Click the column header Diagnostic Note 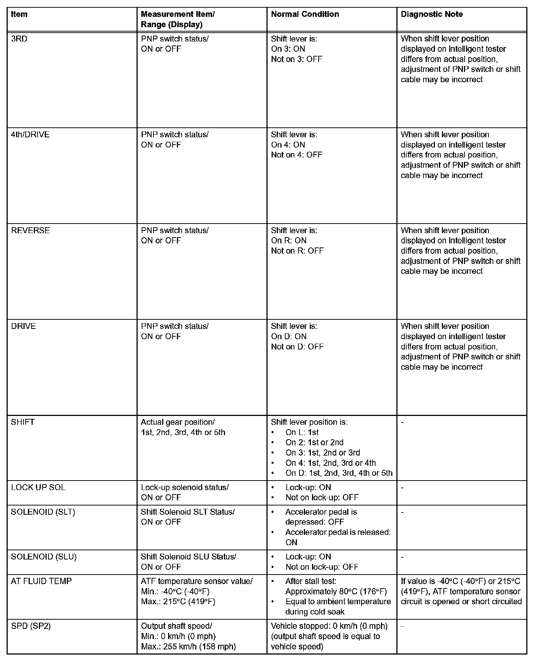click(x=432, y=14)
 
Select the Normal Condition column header click(x=305, y=14)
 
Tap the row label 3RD click(x=19, y=39)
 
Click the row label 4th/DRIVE click(x=30, y=135)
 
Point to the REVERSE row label click(x=30, y=231)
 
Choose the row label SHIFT click(x=22, y=422)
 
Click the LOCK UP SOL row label click(x=38, y=488)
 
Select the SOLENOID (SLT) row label click(x=43, y=512)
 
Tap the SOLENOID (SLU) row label click(x=44, y=557)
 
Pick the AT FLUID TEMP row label click(x=41, y=581)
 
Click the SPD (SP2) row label click(x=31, y=626)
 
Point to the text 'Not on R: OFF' click(x=297, y=251)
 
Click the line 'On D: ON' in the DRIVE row click(x=288, y=337)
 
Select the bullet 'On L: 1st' click(x=302, y=432)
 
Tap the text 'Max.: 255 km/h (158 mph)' click(x=188, y=646)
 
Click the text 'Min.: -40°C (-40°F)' click(x=175, y=591)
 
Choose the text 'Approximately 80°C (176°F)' click(x=336, y=591)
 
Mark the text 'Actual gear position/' click(x=178, y=422)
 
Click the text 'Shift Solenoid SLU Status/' click(x=188, y=557)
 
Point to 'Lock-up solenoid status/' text click(x=185, y=488)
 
